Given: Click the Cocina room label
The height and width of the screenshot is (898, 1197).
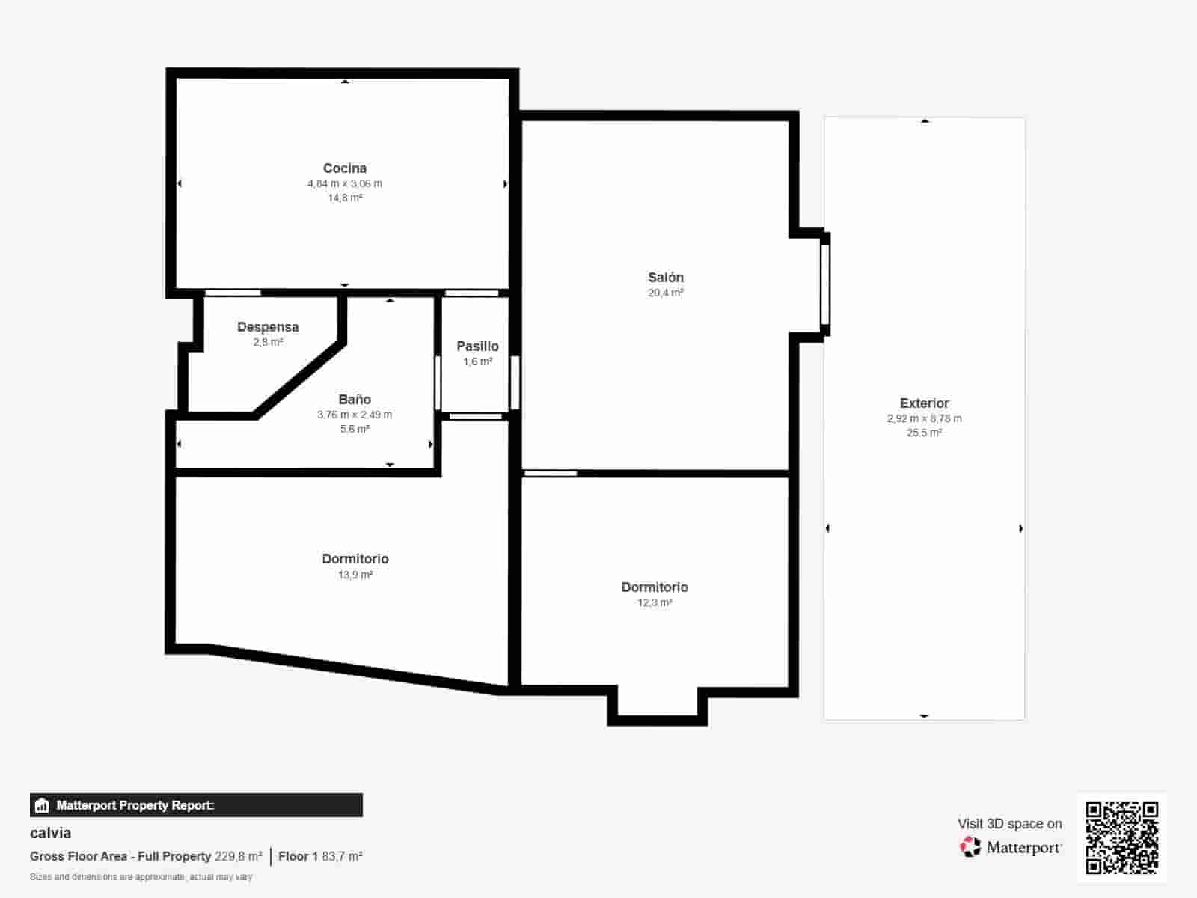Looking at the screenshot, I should (345, 168).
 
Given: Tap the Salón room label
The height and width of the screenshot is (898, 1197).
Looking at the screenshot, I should (666, 278).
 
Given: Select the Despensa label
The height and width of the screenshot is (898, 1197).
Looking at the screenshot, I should (268, 327).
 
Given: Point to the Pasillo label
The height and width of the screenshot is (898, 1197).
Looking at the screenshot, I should (477, 346).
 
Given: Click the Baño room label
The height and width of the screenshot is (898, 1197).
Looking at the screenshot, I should (355, 400).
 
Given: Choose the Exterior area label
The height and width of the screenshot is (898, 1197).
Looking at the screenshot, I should (924, 403).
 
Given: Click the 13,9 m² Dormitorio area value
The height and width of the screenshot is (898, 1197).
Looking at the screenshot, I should (355, 575).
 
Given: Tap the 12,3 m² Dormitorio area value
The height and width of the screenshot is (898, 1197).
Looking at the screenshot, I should (655, 602).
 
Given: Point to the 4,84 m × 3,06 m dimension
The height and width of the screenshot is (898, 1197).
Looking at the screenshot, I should (345, 183).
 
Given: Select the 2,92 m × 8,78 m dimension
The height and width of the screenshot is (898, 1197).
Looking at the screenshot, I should (924, 418).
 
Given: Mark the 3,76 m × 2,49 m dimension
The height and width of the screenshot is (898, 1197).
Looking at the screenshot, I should (355, 415).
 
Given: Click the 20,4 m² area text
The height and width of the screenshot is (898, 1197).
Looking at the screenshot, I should (666, 293).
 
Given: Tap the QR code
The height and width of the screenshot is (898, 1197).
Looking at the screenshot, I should (1122, 837).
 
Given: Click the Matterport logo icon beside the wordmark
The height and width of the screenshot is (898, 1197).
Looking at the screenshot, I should (970, 847).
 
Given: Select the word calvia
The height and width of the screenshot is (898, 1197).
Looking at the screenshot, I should (51, 833).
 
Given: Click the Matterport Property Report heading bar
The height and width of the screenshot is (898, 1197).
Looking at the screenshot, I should (196, 805).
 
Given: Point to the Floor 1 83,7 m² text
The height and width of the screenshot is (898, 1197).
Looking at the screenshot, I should (320, 856).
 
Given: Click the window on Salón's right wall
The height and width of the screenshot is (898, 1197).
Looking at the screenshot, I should (825, 285).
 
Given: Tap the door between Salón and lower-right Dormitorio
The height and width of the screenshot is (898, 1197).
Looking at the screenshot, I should (551, 473).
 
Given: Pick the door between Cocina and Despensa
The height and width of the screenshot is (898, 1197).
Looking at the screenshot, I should (233, 293).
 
